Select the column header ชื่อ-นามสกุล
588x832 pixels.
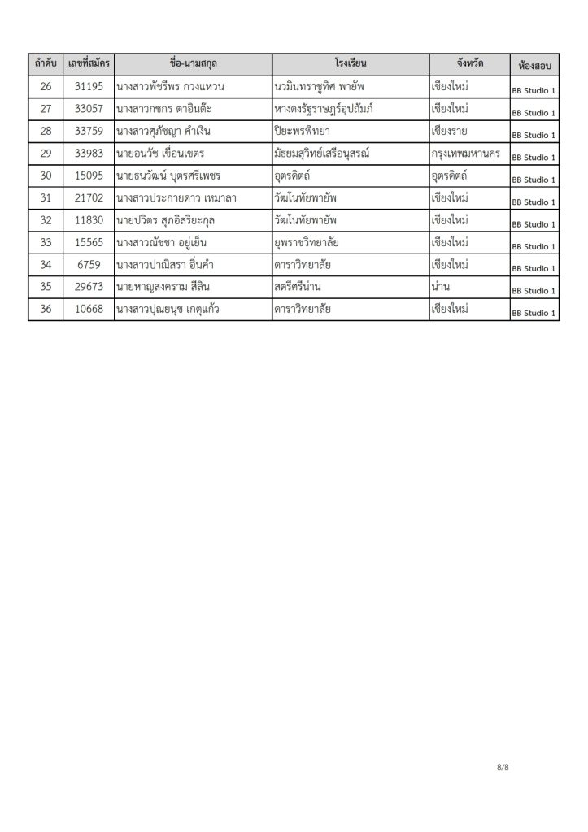(194, 63)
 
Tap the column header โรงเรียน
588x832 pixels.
(351, 63)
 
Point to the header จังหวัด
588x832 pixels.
(469, 63)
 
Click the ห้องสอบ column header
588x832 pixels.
(533, 65)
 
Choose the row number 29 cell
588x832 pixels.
(45, 154)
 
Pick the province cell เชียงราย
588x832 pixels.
(455, 132)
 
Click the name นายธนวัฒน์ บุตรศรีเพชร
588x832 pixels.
(168, 175)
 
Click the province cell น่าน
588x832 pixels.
(443, 287)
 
